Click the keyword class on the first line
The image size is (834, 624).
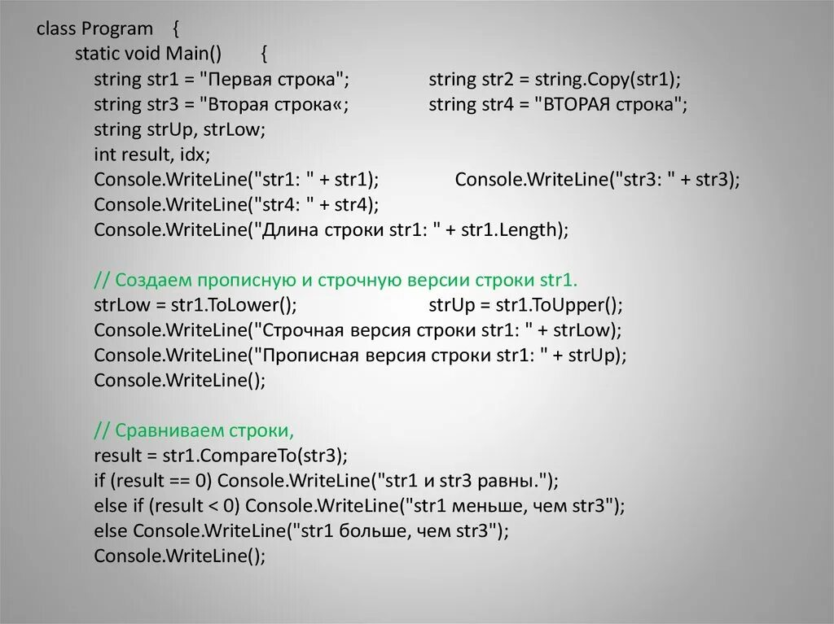tap(55, 29)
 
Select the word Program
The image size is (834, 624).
tap(116, 29)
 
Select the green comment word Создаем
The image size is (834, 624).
tap(150, 281)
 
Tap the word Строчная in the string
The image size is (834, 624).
tap(300, 331)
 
